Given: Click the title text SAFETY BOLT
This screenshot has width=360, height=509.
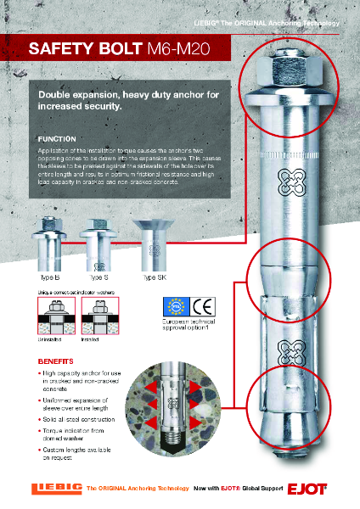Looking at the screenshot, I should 76,51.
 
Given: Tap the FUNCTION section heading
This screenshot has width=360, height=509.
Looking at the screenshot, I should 58,138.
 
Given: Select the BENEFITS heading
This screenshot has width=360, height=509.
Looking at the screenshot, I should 56,361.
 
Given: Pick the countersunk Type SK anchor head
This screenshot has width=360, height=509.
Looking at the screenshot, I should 150,242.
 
